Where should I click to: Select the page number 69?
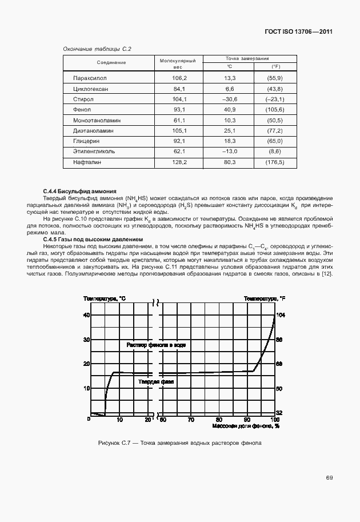(329, 477)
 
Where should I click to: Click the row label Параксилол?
(90, 77)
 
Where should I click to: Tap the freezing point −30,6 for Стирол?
(230, 99)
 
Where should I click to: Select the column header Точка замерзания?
(247, 58)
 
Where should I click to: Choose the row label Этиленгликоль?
(94, 152)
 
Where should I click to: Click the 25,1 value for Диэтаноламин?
(230, 131)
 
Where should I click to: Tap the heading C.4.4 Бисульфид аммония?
(80, 191)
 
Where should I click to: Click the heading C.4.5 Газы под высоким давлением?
(93, 239)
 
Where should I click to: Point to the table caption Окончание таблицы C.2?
(97, 49)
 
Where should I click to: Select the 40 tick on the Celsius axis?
(87, 315)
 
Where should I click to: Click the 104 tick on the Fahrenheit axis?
(280, 315)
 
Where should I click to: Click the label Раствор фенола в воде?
(156, 345)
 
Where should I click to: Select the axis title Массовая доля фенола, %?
(245, 426)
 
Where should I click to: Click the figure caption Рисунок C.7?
(180, 443)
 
